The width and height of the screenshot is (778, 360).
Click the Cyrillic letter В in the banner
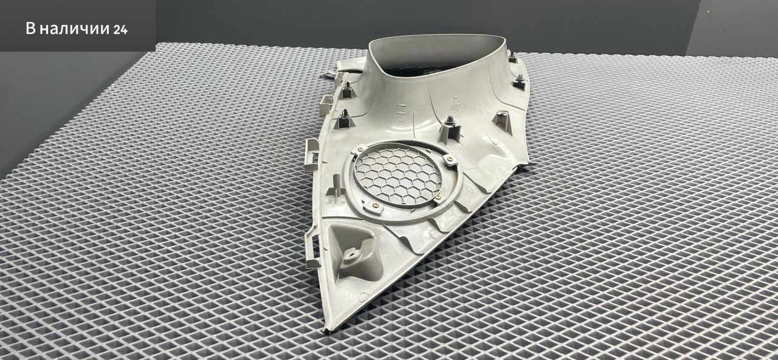(x=31, y=29)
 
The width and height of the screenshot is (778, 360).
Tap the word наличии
(x=74, y=29)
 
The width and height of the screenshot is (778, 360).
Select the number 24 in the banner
(x=120, y=30)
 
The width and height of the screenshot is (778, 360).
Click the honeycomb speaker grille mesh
(x=398, y=176)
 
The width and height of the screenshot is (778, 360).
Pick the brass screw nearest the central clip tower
(x=450, y=159)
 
